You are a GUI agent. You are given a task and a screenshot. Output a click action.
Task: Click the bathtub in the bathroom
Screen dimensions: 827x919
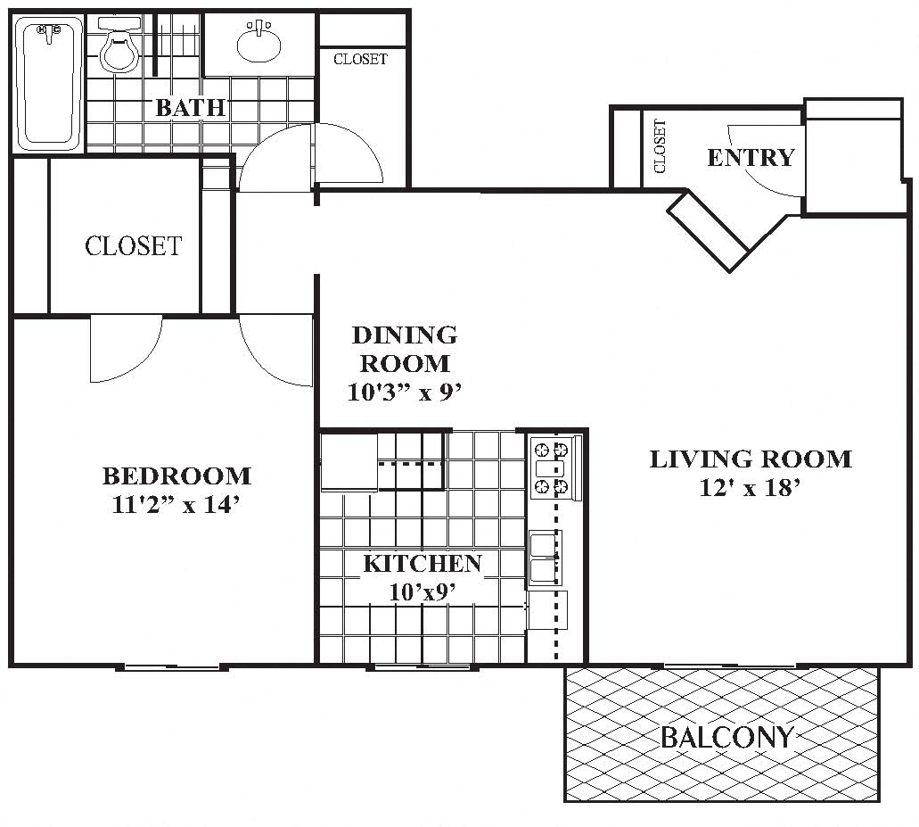(49, 83)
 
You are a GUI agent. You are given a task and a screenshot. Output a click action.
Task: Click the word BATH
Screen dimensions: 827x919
(190, 108)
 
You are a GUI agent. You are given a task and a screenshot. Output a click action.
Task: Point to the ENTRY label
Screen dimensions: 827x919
(751, 158)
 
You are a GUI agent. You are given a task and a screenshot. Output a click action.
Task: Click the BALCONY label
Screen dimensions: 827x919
(726, 737)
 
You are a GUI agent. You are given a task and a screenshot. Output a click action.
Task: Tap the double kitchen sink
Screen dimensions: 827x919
(545, 558)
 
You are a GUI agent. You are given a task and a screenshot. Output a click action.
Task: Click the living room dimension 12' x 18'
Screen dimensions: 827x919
(750, 488)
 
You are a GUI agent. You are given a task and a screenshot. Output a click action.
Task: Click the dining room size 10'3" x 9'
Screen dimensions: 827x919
(405, 391)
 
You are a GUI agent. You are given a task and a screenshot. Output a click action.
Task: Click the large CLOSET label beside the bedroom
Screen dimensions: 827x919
(133, 245)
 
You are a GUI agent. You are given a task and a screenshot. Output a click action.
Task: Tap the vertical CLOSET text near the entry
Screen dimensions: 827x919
(660, 146)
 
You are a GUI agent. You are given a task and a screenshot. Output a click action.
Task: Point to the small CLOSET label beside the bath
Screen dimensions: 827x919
(360, 60)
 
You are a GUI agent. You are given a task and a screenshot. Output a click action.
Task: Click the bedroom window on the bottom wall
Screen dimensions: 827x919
(170, 666)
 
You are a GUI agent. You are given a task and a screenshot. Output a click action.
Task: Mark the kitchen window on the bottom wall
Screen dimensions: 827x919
(418, 666)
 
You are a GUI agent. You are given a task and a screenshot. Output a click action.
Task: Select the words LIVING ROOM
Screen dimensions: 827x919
(750, 459)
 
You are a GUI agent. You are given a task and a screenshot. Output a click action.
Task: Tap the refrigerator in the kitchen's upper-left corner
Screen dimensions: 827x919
(349, 461)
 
